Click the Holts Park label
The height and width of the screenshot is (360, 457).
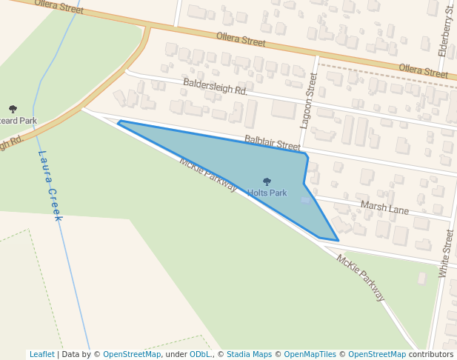click(267, 193)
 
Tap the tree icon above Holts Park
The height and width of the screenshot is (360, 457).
click(267, 181)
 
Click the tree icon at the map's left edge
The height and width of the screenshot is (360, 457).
click(13, 110)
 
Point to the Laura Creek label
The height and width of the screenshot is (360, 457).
click(50, 186)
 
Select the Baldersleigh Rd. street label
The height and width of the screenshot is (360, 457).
click(215, 87)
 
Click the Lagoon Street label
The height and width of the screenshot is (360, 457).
click(310, 101)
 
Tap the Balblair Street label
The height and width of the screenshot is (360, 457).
click(273, 142)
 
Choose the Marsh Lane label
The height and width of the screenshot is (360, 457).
click(384, 207)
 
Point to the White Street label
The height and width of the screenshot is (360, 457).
click(446, 253)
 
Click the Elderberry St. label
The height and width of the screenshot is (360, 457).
click(447, 30)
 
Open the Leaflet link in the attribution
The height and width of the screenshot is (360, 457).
click(41, 354)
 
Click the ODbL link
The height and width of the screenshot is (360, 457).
click(199, 354)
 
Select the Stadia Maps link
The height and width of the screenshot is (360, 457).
click(249, 354)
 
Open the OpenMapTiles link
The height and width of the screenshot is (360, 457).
click(310, 354)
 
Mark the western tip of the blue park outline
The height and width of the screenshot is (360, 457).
click(119, 122)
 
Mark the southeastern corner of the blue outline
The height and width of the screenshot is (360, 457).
click(338, 241)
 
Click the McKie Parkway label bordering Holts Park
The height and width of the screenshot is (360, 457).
click(207, 174)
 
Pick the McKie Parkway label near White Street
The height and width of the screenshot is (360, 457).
click(361, 278)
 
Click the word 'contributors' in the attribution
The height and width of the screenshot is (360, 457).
click(431, 354)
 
